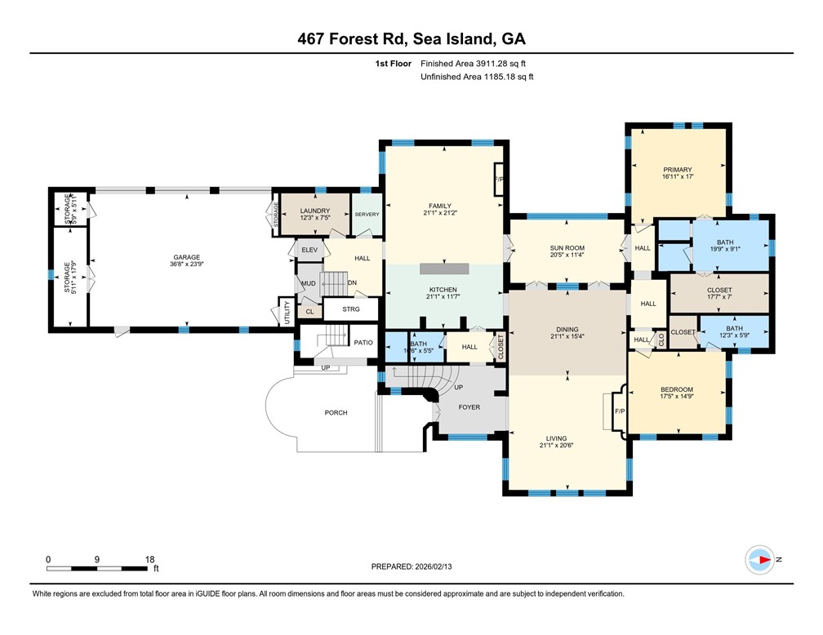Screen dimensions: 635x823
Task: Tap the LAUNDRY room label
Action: pyautogui.click(x=314, y=211)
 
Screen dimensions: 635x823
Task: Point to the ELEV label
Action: pyautogui.click(x=309, y=249)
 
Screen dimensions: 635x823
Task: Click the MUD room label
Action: pyautogui.click(x=308, y=284)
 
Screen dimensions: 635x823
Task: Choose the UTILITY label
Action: pyautogui.click(x=287, y=313)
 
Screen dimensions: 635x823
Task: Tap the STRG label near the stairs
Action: pyautogui.click(x=351, y=309)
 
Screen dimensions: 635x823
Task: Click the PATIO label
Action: pyautogui.click(x=363, y=343)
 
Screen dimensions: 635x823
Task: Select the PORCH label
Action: pyautogui.click(x=336, y=413)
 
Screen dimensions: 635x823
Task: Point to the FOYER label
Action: pyautogui.click(x=469, y=406)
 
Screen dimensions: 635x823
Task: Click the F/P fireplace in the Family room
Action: pyautogui.click(x=498, y=179)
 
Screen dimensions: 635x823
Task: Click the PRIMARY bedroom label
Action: pyautogui.click(x=677, y=170)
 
